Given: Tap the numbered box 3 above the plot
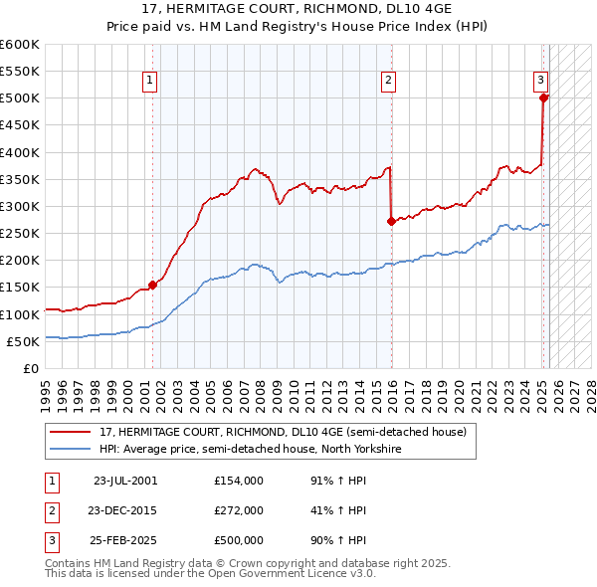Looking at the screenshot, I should (x=539, y=81).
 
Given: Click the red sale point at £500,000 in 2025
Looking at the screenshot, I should (x=543, y=98).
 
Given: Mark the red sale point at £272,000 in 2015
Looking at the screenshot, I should (x=391, y=222).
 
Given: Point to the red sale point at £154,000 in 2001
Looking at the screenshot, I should (x=152, y=286).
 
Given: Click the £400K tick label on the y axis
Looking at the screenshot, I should (x=20, y=152).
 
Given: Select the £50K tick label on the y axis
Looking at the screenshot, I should (x=23, y=341).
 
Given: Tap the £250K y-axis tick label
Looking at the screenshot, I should (x=20, y=233).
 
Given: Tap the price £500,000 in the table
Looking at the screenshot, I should (x=238, y=541).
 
